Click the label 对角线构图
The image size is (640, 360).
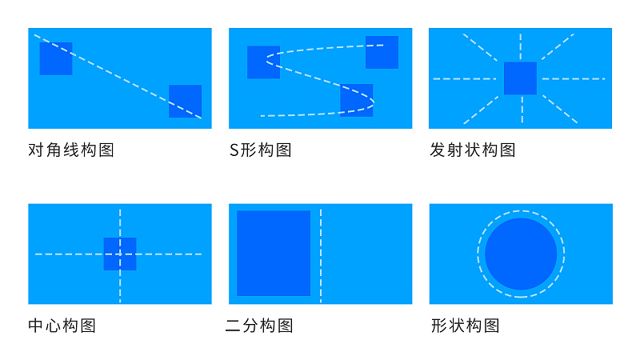click(x=71, y=150)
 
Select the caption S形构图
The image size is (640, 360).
click(x=261, y=150)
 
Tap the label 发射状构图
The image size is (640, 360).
click(x=472, y=150)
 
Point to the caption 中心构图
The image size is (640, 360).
click(x=62, y=326)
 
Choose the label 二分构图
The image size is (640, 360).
click(x=259, y=326)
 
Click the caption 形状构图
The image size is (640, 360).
click(x=466, y=326)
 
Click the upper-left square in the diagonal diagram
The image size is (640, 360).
click(x=56, y=58)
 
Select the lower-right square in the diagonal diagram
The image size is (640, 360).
click(x=186, y=102)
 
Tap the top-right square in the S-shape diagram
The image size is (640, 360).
click(x=382, y=52)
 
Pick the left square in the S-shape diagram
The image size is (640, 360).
click(x=264, y=62)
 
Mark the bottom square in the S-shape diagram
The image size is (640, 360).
click(x=357, y=101)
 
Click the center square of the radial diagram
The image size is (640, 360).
click(x=521, y=78)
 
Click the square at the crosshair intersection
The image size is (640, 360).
click(x=120, y=254)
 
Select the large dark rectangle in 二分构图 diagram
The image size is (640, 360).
click(x=274, y=253)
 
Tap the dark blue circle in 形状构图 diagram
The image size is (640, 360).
click(x=521, y=254)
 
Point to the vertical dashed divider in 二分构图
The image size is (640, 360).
click(x=321, y=256)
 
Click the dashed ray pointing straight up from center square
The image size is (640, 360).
click(x=521, y=46)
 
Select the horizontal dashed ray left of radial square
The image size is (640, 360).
click(x=465, y=78)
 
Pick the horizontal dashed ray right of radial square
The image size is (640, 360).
click(x=574, y=78)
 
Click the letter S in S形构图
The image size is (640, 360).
click(x=234, y=150)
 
